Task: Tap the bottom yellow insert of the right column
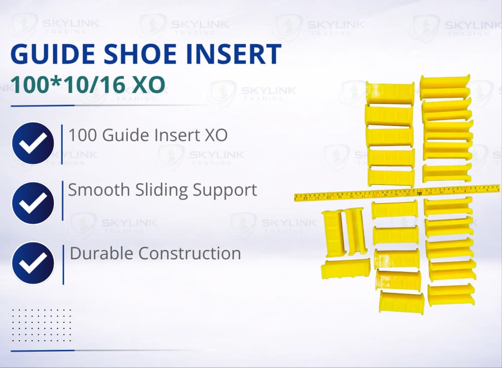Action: coord(451,295)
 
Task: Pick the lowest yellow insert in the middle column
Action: coord(401,301)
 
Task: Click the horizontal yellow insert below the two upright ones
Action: coord(345,268)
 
